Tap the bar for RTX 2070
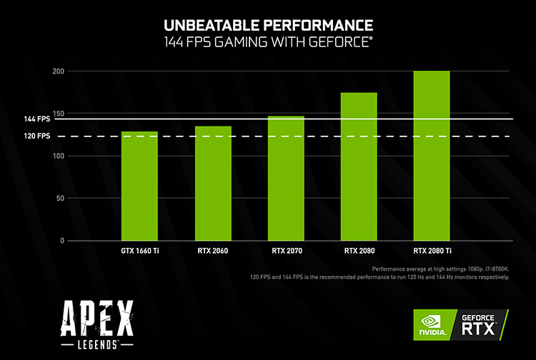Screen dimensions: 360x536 286,178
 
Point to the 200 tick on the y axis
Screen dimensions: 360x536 59,71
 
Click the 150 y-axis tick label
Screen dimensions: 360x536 59,114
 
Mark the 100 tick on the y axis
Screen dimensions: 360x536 59,156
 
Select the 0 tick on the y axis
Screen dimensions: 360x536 62,241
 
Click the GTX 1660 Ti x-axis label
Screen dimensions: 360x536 139,251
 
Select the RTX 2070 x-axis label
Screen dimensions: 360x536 286,251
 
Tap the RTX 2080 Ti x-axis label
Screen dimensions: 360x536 432,251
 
